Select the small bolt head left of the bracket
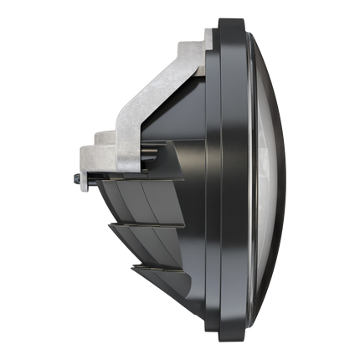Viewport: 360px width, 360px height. tap(75, 177)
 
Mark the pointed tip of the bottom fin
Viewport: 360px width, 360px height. tap(131, 266)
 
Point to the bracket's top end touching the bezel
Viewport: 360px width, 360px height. tap(205, 38)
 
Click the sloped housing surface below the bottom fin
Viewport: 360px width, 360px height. tap(180, 301)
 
